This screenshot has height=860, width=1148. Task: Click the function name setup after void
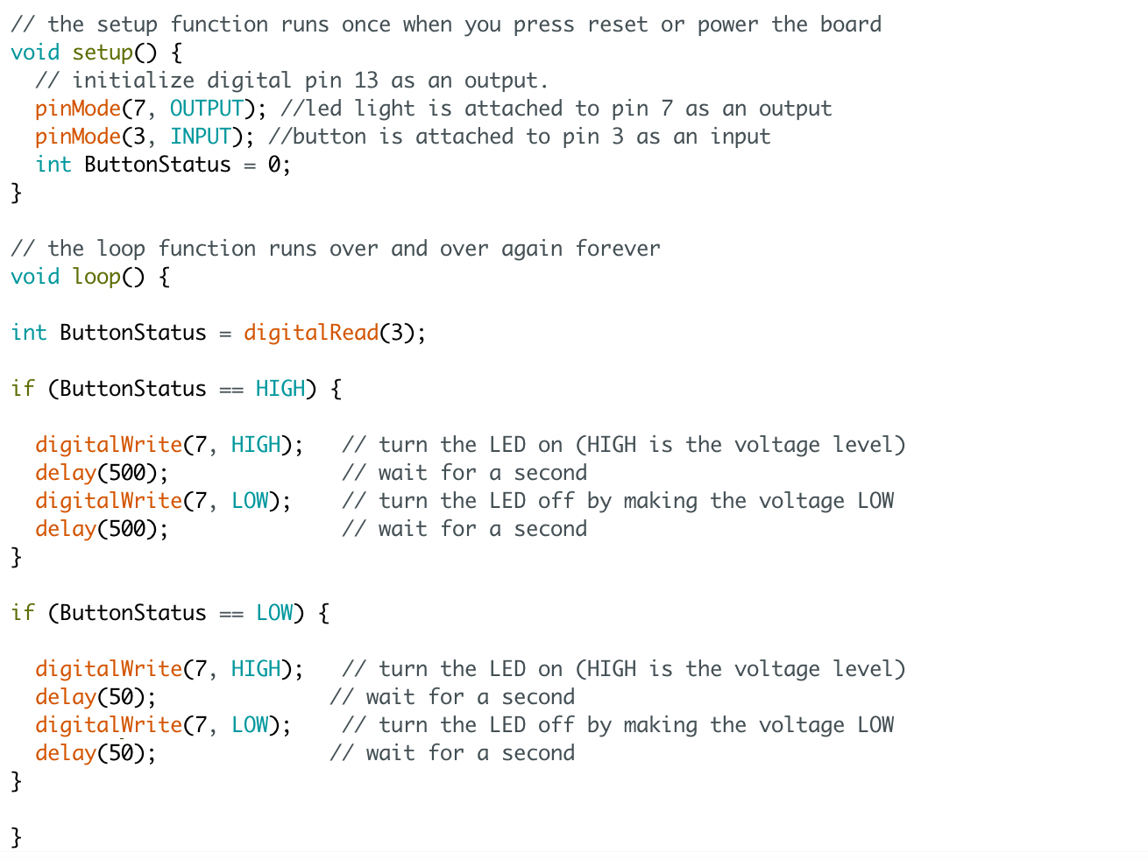102,53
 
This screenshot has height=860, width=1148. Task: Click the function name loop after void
96,277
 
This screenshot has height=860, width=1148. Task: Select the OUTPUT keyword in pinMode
206,109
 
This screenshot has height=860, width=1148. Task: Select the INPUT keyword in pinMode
201,137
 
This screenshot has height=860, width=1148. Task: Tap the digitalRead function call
310,333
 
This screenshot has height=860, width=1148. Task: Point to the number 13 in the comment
366,81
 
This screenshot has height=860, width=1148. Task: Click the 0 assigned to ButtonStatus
274,165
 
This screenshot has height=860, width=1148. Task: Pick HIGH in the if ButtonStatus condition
280,389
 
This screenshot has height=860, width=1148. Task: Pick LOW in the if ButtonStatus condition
274,613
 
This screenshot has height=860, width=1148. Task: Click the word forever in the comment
617,249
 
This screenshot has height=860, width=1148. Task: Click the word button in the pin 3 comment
330,137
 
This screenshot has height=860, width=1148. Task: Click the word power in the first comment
727,25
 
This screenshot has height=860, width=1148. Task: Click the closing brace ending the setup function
16,193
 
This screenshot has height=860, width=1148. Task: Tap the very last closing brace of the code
16,837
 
